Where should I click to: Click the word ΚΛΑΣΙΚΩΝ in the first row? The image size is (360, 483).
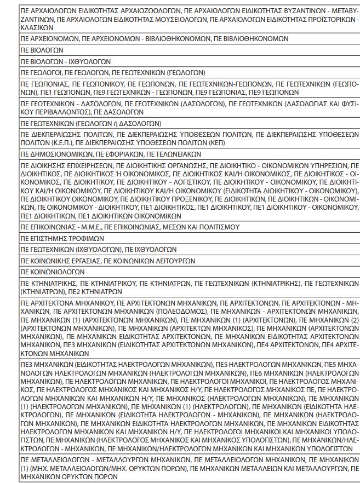click(34, 26)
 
